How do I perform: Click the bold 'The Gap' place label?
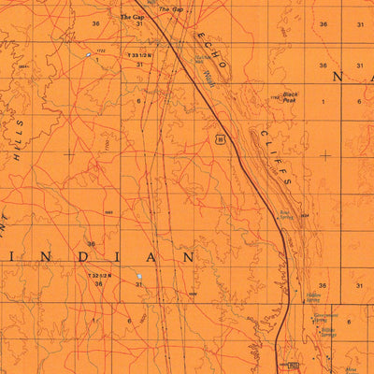coord(133,17)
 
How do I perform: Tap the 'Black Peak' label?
coord(290,96)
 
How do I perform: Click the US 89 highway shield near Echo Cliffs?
coord(219,138)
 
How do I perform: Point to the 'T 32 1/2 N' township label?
coord(99,276)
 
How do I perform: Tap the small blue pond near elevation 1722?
coord(90,56)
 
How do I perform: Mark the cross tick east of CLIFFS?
coord(324,154)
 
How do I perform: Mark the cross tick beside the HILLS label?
coord(70,152)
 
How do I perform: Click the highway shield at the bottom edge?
coord(292,366)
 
